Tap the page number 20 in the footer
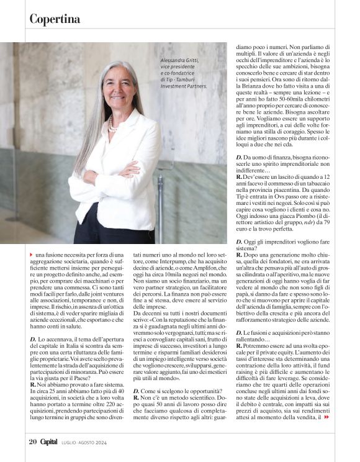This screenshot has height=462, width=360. click(x=33, y=442)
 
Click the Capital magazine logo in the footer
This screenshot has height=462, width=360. click(x=49, y=442)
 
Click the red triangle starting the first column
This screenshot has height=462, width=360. click(x=32, y=255)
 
